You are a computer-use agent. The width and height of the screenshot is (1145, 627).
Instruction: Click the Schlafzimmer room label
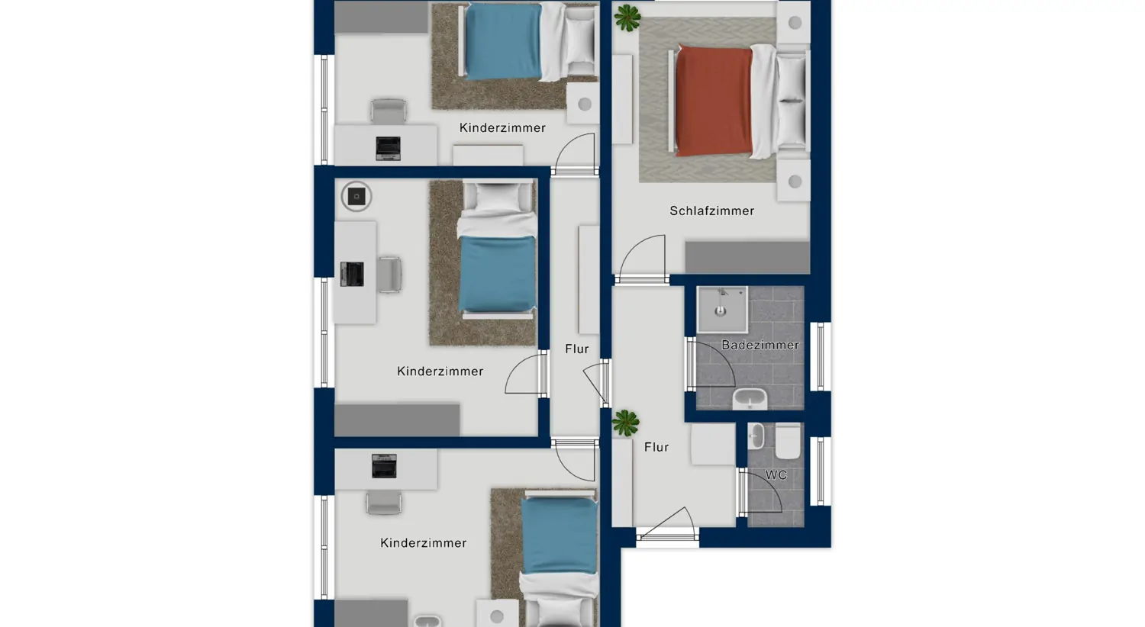[711, 211]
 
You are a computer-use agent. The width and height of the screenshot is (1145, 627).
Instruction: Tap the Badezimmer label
[760, 345]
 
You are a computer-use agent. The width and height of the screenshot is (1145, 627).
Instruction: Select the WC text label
[776, 474]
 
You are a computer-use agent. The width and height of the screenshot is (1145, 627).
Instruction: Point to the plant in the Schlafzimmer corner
[627, 18]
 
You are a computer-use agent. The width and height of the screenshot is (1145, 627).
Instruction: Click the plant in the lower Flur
[625, 423]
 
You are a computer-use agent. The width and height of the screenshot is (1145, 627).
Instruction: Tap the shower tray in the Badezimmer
[721, 309]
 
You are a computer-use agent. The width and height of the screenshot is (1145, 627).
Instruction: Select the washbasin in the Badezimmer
[750, 398]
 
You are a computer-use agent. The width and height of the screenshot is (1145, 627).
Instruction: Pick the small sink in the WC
[756, 436]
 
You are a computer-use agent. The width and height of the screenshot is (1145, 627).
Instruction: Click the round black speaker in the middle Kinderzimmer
[356, 197]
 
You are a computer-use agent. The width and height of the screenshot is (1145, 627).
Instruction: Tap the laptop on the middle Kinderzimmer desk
[352, 274]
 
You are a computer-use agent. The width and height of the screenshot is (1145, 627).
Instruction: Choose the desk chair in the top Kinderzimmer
[389, 111]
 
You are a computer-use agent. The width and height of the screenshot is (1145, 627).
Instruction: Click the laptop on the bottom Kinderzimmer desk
[384, 465]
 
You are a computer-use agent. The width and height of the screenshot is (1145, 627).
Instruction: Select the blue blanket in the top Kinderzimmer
[503, 42]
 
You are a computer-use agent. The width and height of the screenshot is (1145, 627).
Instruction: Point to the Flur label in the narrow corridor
[577, 349]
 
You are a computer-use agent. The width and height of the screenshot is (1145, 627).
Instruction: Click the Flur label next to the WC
[656, 447]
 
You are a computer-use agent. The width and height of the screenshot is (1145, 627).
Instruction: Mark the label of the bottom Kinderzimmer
[423, 542]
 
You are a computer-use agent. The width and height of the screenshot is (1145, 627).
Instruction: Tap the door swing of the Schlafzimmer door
[642, 259]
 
